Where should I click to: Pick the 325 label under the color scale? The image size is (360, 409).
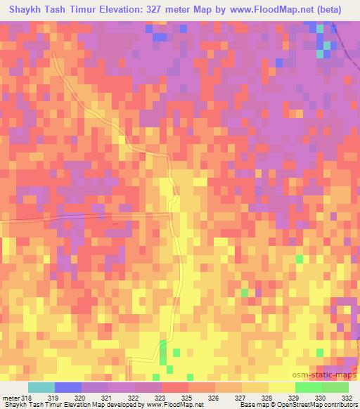pyautogui.click(x=214, y=379)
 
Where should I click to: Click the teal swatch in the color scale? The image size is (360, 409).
pyautogui.click(x=41, y=388)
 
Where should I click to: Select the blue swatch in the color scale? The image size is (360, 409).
pyautogui.click(x=68, y=388)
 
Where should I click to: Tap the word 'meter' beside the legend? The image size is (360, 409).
pyautogui.click(x=12, y=379)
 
